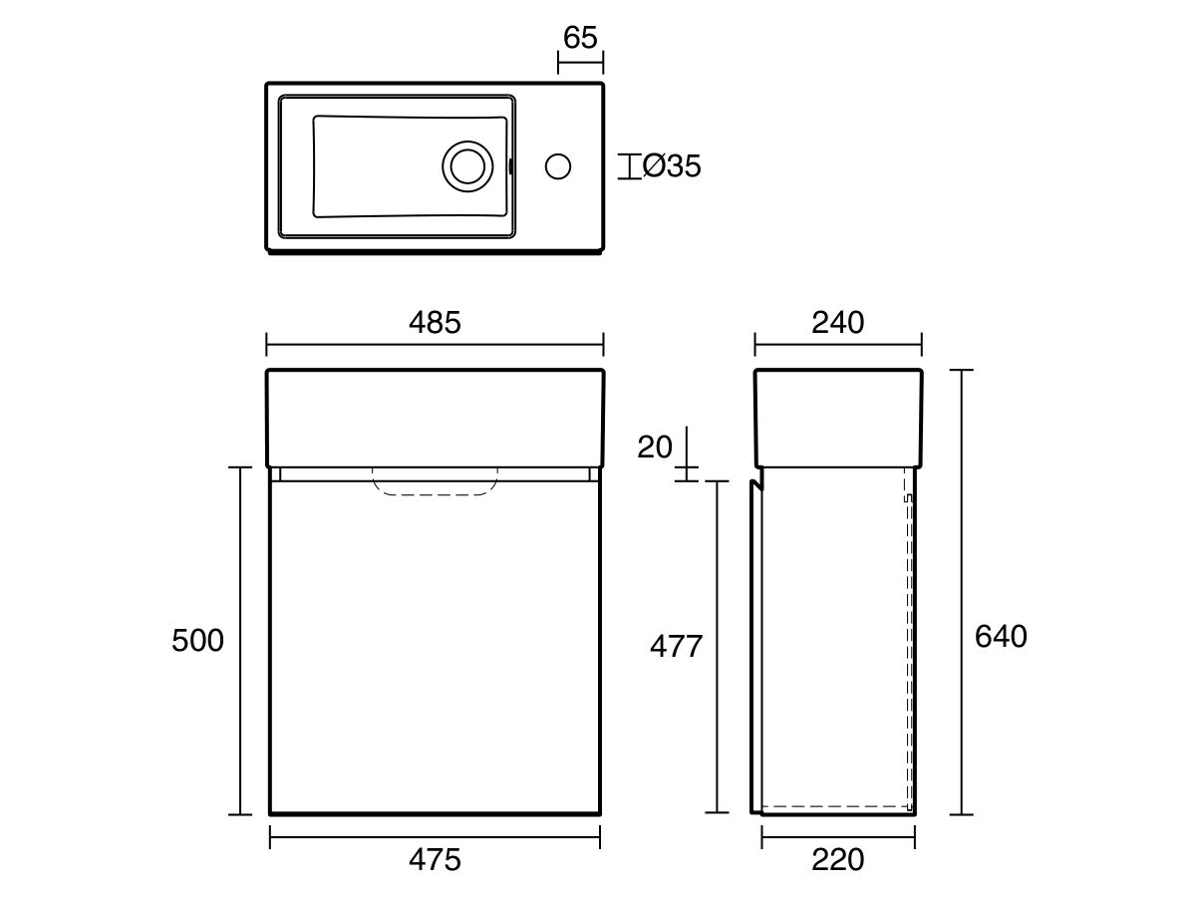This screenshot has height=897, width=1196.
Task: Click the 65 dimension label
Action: point(580,38)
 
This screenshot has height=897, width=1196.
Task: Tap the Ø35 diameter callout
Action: point(672,166)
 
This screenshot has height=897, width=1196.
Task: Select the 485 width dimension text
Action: point(435,322)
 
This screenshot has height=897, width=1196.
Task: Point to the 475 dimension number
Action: point(435,860)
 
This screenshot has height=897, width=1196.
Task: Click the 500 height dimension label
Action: point(197,640)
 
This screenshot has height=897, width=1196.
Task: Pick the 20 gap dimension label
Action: point(655,448)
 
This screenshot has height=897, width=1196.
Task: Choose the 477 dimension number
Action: point(676,647)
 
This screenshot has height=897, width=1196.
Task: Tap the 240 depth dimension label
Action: point(837,322)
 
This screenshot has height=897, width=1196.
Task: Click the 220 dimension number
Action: point(837,860)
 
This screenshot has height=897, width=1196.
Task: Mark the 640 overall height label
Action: point(1001,636)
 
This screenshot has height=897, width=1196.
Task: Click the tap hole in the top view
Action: point(558,166)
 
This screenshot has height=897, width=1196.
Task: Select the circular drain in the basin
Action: point(467,166)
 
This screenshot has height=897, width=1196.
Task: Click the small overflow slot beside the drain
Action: point(510,166)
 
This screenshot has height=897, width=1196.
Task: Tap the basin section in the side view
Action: point(838,419)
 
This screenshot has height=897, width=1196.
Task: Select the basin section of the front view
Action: point(435,419)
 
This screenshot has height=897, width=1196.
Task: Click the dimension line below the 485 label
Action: point(435,345)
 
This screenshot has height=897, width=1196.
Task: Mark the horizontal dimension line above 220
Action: point(838,837)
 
